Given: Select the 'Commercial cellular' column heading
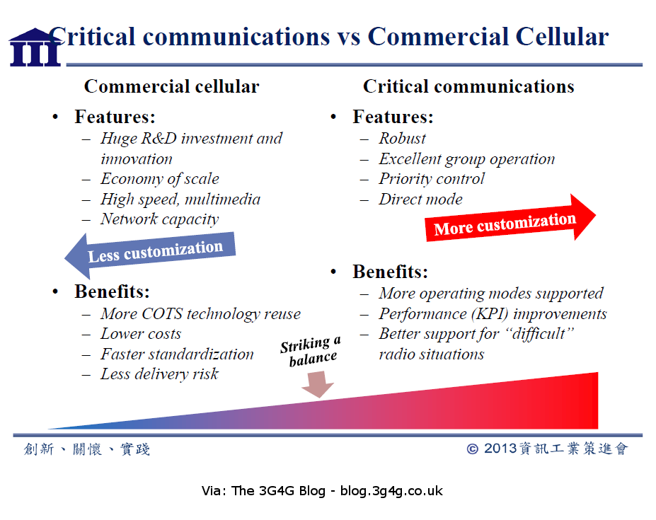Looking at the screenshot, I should pos(171,87).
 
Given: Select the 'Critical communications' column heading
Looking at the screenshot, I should pos(468,87).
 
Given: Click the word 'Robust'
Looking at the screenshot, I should pos(402,139).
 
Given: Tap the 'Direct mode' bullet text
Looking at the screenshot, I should pos(420,200).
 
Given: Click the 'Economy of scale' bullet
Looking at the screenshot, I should pos(159,179).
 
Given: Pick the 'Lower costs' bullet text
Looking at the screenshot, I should pos(141,334).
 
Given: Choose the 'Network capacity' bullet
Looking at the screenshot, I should pos(159,219).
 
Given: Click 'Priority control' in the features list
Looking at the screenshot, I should pos(432,179).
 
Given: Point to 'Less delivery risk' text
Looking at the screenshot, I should pos(159,374).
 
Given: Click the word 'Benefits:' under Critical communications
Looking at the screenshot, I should pos(390,272).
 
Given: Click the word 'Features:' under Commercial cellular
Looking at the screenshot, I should pos(115,117).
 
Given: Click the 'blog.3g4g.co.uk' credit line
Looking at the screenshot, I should pos(391,490).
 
